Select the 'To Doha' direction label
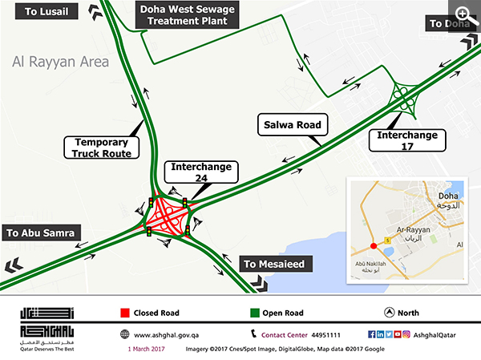point(448,23)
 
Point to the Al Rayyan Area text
point(60,61)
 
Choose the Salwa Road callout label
point(292,125)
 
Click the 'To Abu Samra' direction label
point(41,233)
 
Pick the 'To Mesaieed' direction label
point(275,264)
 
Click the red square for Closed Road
point(126,312)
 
